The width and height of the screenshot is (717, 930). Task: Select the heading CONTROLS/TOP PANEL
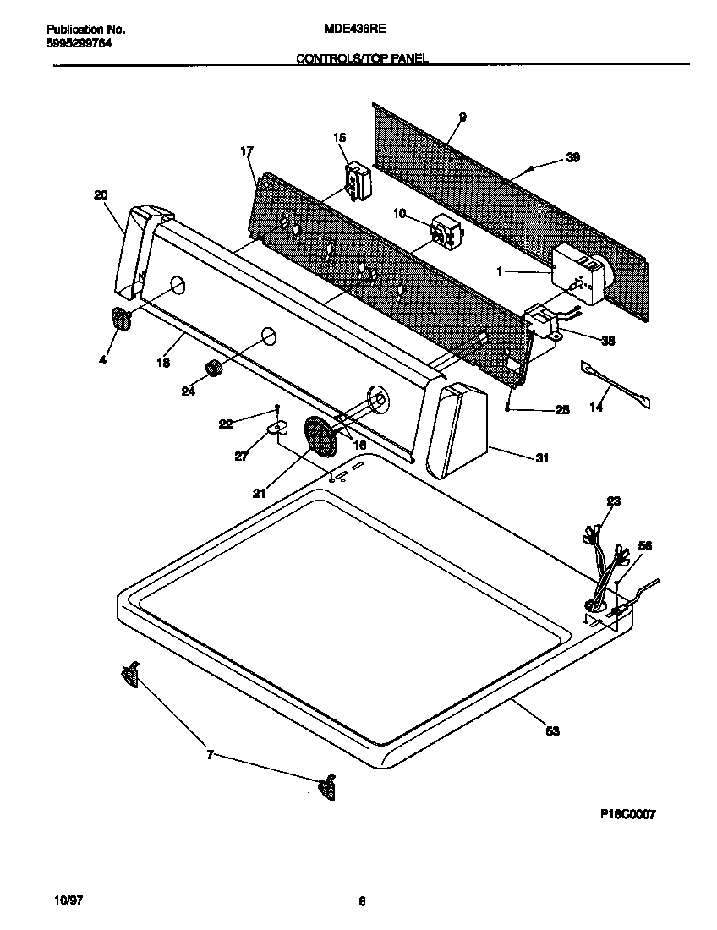point(362,58)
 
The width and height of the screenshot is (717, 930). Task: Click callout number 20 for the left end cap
point(101,195)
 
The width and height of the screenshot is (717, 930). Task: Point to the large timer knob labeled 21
point(320,435)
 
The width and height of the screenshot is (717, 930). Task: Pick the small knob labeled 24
point(214,369)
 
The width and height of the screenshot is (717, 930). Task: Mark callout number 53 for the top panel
point(552,730)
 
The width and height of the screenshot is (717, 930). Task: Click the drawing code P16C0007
point(627,814)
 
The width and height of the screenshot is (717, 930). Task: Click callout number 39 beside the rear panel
point(572,157)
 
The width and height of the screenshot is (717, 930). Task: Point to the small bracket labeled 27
point(274,431)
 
